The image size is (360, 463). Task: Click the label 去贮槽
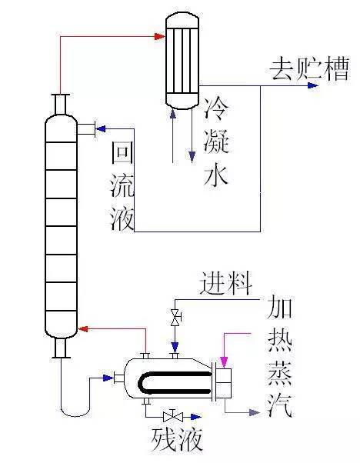click(x=309, y=69)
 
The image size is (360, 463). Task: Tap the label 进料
click(x=226, y=284)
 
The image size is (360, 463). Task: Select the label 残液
click(x=177, y=439)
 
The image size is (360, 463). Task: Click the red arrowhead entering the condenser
click(x=160, y=37)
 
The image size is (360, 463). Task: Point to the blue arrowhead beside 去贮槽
click(x=313, y=85)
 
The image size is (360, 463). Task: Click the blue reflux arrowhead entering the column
click(x=101, y=128)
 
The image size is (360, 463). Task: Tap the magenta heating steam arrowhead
click(x=224, y=362)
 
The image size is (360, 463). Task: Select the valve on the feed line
click(x=175, y=318)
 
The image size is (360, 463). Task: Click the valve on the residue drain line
click(x=173, y=417)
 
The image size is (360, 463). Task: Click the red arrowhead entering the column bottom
click(x=83, y=328)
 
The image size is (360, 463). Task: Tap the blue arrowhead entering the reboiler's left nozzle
click(x=108, y=378)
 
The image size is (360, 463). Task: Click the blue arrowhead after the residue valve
click(x=196, y=417)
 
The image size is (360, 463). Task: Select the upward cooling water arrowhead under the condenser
click(x=173, y=115)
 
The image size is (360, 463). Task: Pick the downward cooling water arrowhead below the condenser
click(x=192, y=157)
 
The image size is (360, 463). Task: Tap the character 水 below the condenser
click(x=216, y=175)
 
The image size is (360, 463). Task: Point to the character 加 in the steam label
click(x=280, y=307)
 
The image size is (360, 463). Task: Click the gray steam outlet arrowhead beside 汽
click(x=255, y=412)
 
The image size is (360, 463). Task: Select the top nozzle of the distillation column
click(x=61, y=104)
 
